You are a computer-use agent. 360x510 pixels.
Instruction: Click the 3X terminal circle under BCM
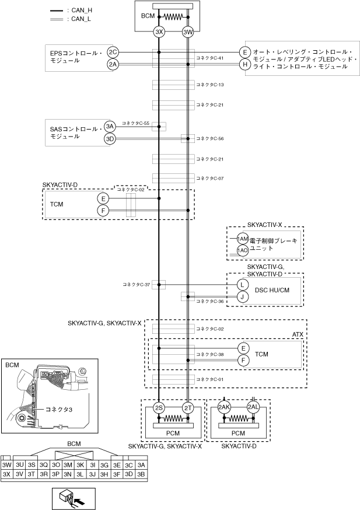pos(159,32)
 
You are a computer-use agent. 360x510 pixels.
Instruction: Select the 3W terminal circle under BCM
pos(188,32)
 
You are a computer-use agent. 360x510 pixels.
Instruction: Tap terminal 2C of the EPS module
pos(113,53)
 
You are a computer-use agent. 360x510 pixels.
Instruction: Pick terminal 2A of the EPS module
pos(113,64)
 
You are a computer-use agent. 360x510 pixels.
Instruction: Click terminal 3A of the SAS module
pos(110,127)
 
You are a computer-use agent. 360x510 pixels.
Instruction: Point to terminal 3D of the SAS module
pos(110,139)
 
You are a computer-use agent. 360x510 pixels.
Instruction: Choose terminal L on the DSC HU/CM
pos(243,285)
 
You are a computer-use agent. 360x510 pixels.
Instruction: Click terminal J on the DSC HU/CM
pos(243,296)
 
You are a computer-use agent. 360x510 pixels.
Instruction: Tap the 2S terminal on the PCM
pos(159,407)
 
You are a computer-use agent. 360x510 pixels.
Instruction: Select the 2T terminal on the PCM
pos(188,407)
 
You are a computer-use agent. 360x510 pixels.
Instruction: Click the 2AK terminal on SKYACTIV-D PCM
pos(224,407)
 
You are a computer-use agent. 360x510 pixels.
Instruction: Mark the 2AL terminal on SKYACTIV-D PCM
pos(253,407)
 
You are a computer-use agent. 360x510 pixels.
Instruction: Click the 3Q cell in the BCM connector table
pos(43,464)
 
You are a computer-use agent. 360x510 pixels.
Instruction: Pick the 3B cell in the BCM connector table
pos(141,474)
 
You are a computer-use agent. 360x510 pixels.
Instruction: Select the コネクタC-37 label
pos(137,285)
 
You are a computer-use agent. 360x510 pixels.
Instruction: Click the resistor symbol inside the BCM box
pos(173,17)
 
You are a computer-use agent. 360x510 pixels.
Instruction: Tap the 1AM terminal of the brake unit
pos(243,239)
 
